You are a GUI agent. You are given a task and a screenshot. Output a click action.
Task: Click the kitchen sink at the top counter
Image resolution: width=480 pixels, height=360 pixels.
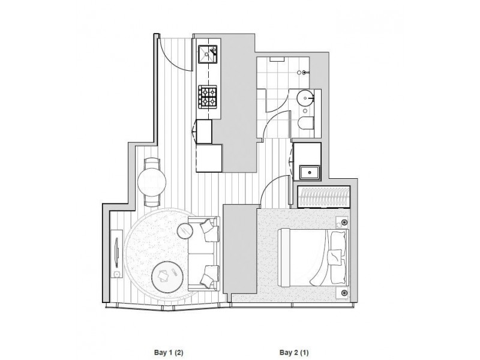(x=209, y=53)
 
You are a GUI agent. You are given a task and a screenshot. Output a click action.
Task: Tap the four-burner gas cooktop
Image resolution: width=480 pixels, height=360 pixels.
(x=208, y=95)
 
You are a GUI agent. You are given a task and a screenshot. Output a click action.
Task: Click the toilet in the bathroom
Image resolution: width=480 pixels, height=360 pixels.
(x=305, y=124)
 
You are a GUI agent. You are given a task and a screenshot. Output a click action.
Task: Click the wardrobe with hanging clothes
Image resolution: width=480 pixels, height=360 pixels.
(x=323, y=197)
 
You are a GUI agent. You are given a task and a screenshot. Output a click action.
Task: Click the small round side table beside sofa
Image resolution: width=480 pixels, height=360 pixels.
(x=185, y=230)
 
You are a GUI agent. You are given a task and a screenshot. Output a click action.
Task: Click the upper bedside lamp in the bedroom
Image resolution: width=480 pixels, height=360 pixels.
(x=344, y=223)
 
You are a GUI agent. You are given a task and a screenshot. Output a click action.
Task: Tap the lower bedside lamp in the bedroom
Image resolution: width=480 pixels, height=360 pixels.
(x=344, y=292)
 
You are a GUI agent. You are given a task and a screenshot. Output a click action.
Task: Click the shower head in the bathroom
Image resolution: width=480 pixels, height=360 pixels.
(x=305, y=73)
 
